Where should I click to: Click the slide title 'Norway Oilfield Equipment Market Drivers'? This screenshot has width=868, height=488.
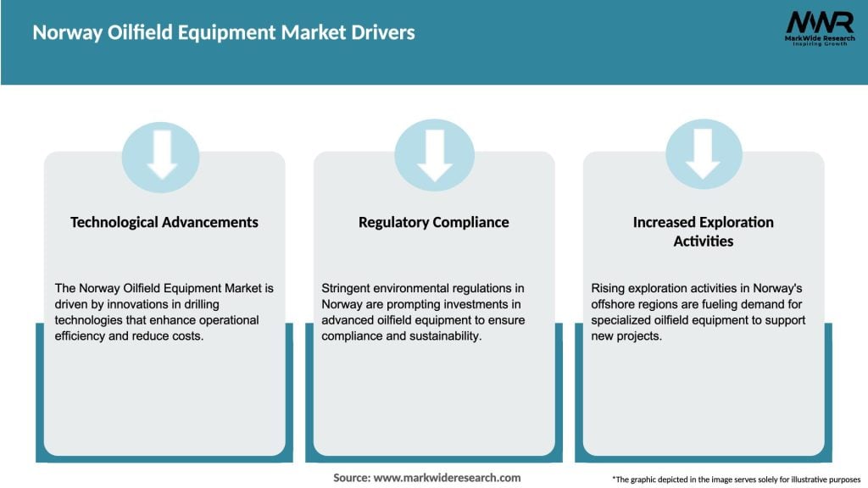[x=224, y=33]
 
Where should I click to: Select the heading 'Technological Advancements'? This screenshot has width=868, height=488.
[x=164, y=222]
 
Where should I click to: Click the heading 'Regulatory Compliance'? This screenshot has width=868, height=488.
[x=434, y=222]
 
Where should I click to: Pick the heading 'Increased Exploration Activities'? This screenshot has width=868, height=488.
[x=703, y=231]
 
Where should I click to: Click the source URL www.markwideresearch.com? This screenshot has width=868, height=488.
[x=448, y=478]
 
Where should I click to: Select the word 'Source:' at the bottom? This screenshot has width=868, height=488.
[x=352, y=478]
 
